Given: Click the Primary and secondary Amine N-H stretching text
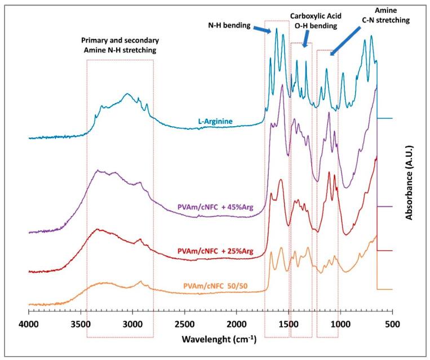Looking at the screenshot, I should point(119,46).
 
